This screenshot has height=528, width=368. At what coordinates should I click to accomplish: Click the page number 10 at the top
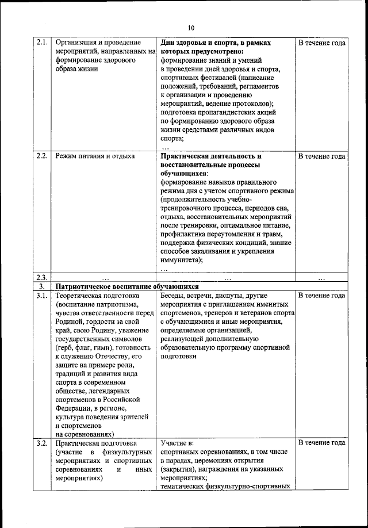(191, 26)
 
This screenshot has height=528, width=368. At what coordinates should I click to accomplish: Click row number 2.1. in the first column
(41, 43)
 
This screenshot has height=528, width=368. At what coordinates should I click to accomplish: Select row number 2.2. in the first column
(41, 156)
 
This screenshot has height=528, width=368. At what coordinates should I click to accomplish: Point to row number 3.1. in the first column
(41, 296)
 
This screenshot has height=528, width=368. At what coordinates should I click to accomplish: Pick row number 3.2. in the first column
(41, 443)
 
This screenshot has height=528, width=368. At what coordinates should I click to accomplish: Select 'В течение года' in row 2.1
(321, 43)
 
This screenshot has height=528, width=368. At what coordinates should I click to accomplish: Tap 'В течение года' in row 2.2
(321, 156)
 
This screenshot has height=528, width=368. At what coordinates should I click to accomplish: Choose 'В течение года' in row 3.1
(321, 296)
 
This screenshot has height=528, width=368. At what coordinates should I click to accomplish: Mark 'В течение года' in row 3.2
(321, 443)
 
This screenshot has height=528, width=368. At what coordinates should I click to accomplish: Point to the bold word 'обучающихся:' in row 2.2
(185, 173)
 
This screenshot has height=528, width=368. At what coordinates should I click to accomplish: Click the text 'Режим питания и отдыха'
(95, 156)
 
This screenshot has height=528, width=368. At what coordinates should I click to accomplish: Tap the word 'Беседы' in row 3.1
(174, 296)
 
